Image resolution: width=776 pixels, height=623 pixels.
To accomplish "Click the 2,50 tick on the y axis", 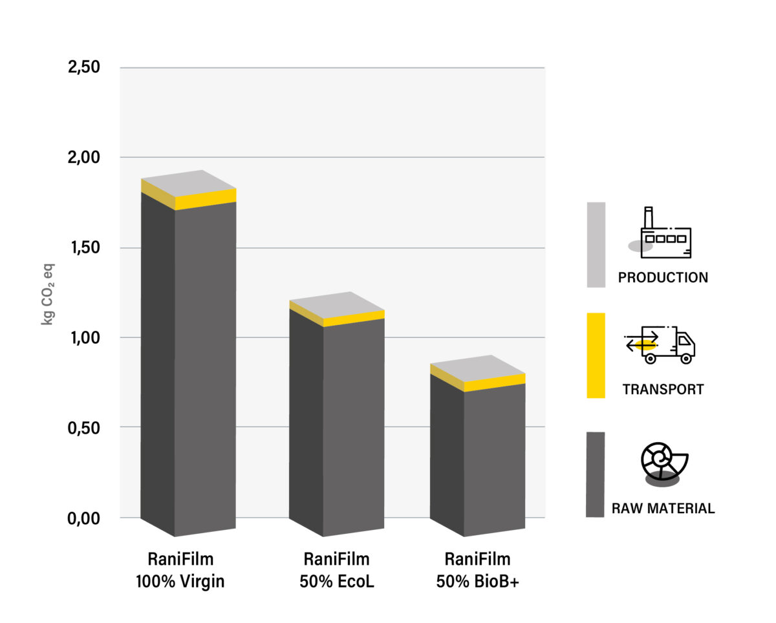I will (85, 67).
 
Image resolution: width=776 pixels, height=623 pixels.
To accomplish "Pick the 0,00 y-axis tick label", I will (85, 518).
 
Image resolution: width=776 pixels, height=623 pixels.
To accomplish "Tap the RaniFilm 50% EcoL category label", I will (337, 570).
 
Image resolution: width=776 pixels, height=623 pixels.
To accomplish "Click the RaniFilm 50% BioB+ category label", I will (478, 570).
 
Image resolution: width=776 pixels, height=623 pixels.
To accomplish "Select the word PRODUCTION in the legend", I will (663, 278).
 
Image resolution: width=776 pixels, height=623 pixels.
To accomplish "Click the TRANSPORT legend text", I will (663, 390).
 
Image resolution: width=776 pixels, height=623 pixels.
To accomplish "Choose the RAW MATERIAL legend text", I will (663, 509).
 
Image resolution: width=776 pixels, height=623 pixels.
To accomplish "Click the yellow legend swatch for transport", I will (596, 355).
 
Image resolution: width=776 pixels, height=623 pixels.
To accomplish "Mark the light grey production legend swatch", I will (596, 244).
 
